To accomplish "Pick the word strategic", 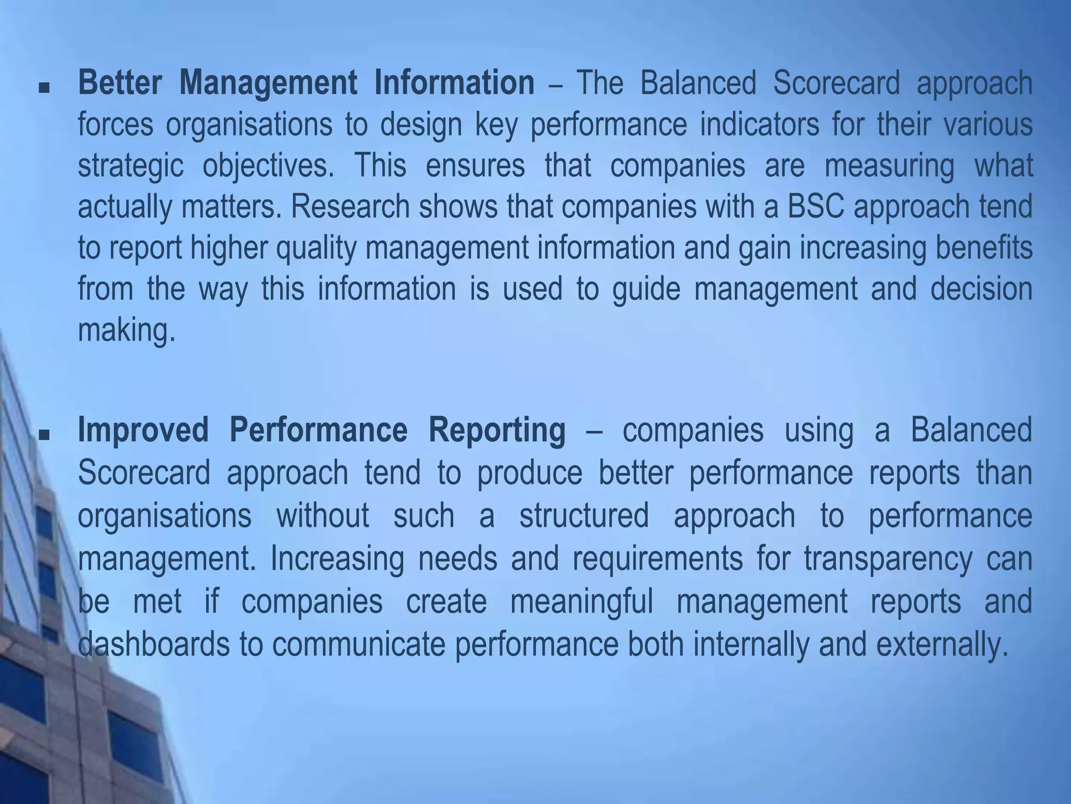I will point(131,166).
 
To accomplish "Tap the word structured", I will point(584,515).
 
